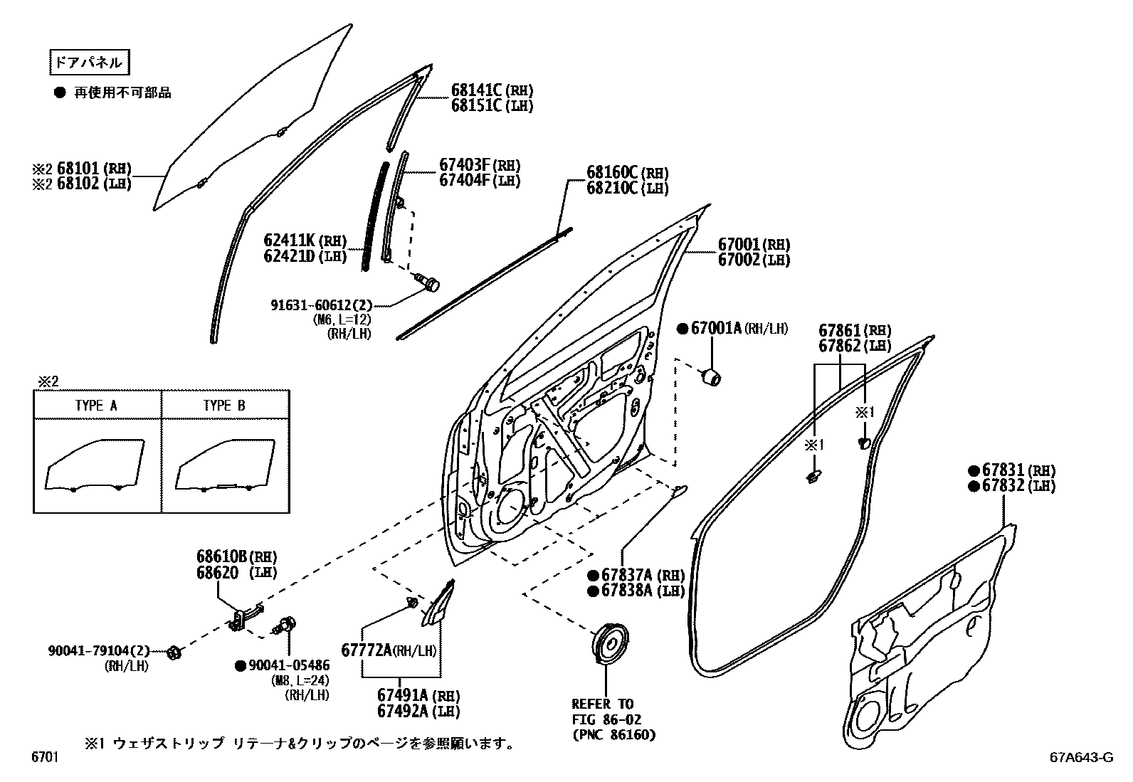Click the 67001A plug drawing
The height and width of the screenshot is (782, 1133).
[712, 376]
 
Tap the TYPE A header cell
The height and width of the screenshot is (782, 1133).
[97, 406]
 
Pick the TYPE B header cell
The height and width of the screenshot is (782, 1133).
[225, 406]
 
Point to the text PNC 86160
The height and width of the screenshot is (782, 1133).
[613, 734]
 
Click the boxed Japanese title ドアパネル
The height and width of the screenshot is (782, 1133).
[89, 63]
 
